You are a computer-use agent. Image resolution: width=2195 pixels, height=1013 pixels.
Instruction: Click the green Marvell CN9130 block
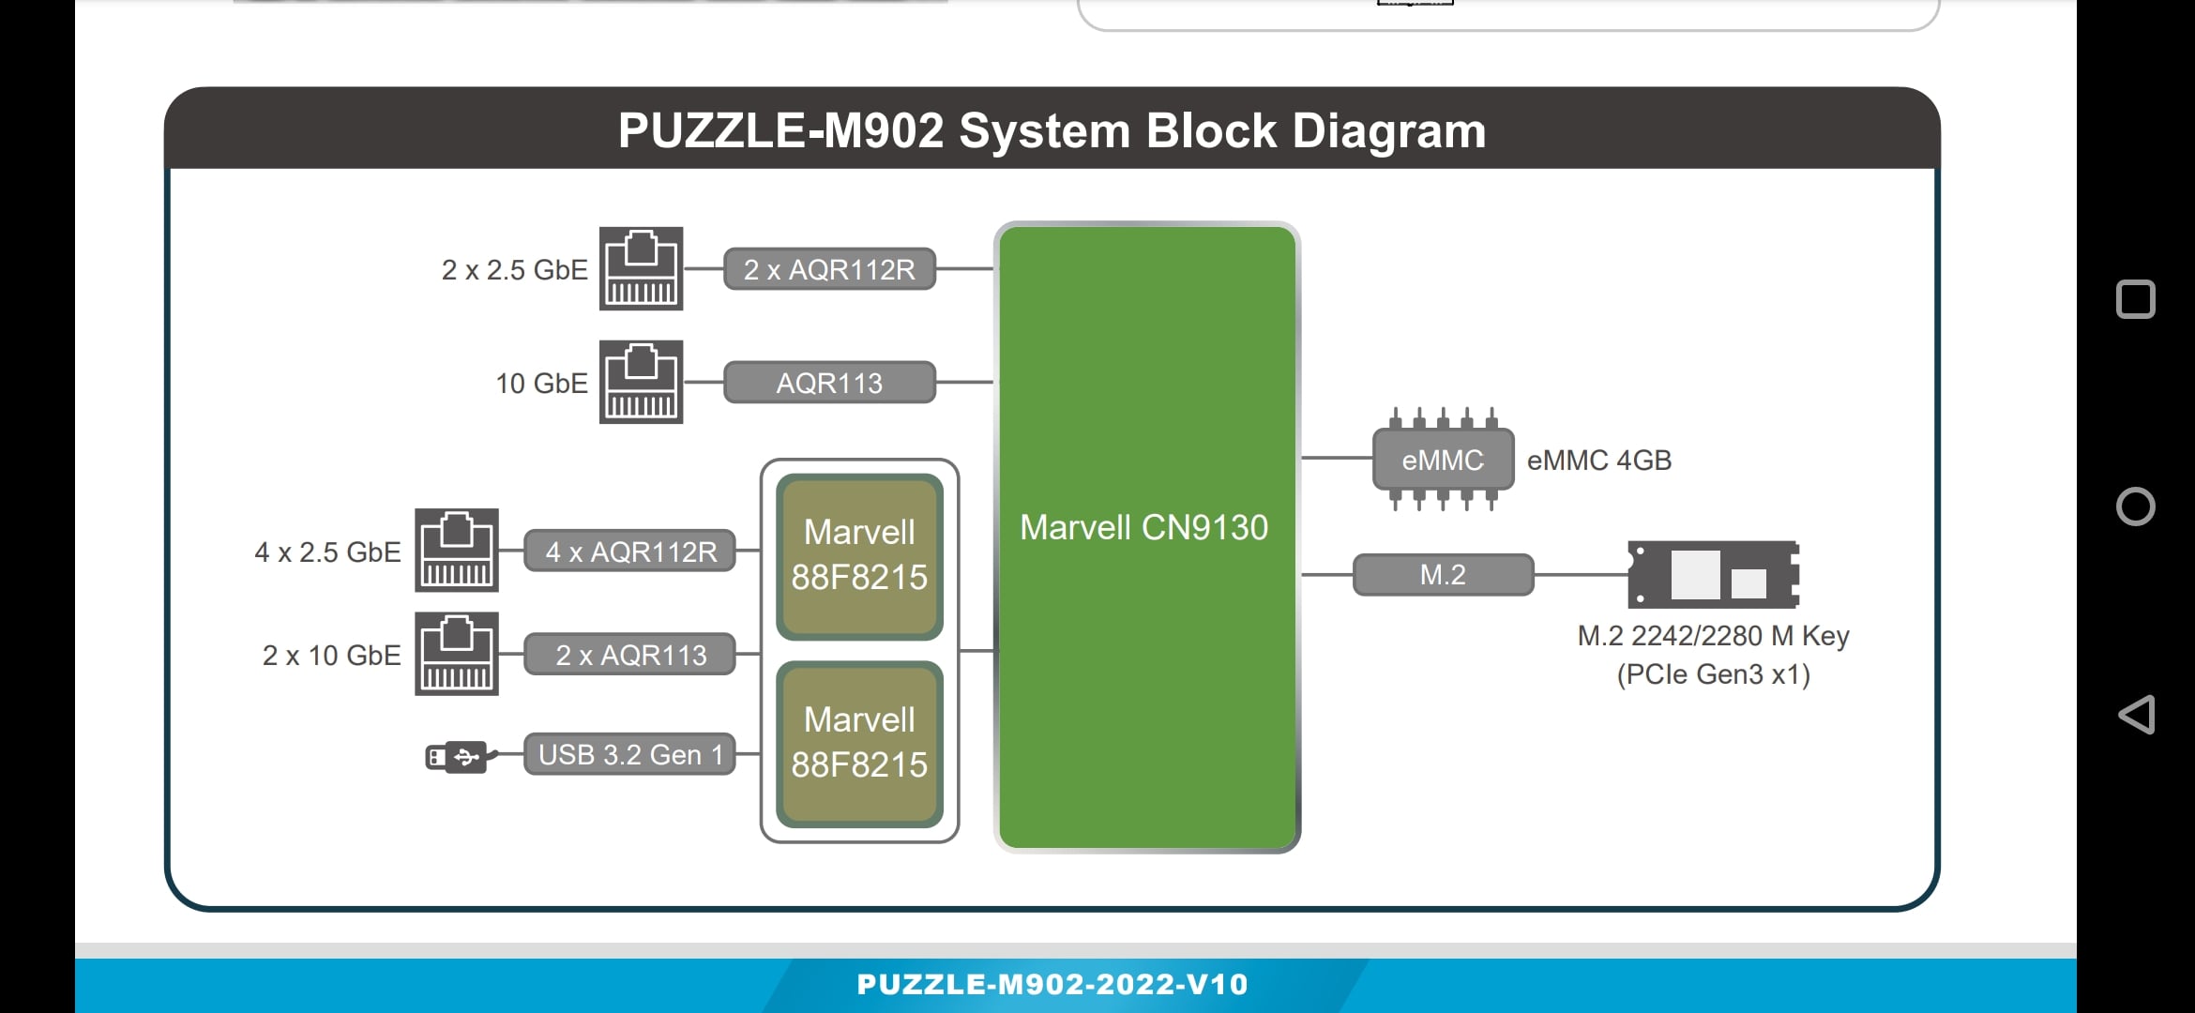1147,537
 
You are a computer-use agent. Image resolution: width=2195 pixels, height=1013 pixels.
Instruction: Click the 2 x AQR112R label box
830,269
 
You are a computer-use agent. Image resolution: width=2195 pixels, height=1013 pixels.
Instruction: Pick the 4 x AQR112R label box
630,552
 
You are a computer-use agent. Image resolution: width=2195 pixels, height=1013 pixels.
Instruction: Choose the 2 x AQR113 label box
630,655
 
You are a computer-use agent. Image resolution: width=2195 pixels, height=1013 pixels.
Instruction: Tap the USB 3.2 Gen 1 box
630,754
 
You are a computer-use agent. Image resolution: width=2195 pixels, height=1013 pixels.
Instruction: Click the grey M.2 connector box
1443,574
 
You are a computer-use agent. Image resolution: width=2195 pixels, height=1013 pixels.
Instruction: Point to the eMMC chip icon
1443,460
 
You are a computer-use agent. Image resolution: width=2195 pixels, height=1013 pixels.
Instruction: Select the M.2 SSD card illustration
1714,574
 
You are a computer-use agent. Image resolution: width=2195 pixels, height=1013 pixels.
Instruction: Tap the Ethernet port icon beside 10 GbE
642,382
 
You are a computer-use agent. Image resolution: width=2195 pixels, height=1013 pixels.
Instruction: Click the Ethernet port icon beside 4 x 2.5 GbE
457,551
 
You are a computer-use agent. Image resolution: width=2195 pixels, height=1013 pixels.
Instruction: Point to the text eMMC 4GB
1599,461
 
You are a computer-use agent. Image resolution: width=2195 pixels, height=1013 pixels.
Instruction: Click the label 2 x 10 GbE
332,655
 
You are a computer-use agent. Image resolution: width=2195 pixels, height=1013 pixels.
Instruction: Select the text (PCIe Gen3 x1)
1714,674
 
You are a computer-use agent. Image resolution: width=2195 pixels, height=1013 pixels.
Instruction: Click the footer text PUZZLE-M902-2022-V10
1052,984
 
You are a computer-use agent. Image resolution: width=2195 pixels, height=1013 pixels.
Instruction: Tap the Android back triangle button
2136,715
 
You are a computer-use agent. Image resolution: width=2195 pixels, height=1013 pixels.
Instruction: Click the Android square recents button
2136,299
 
